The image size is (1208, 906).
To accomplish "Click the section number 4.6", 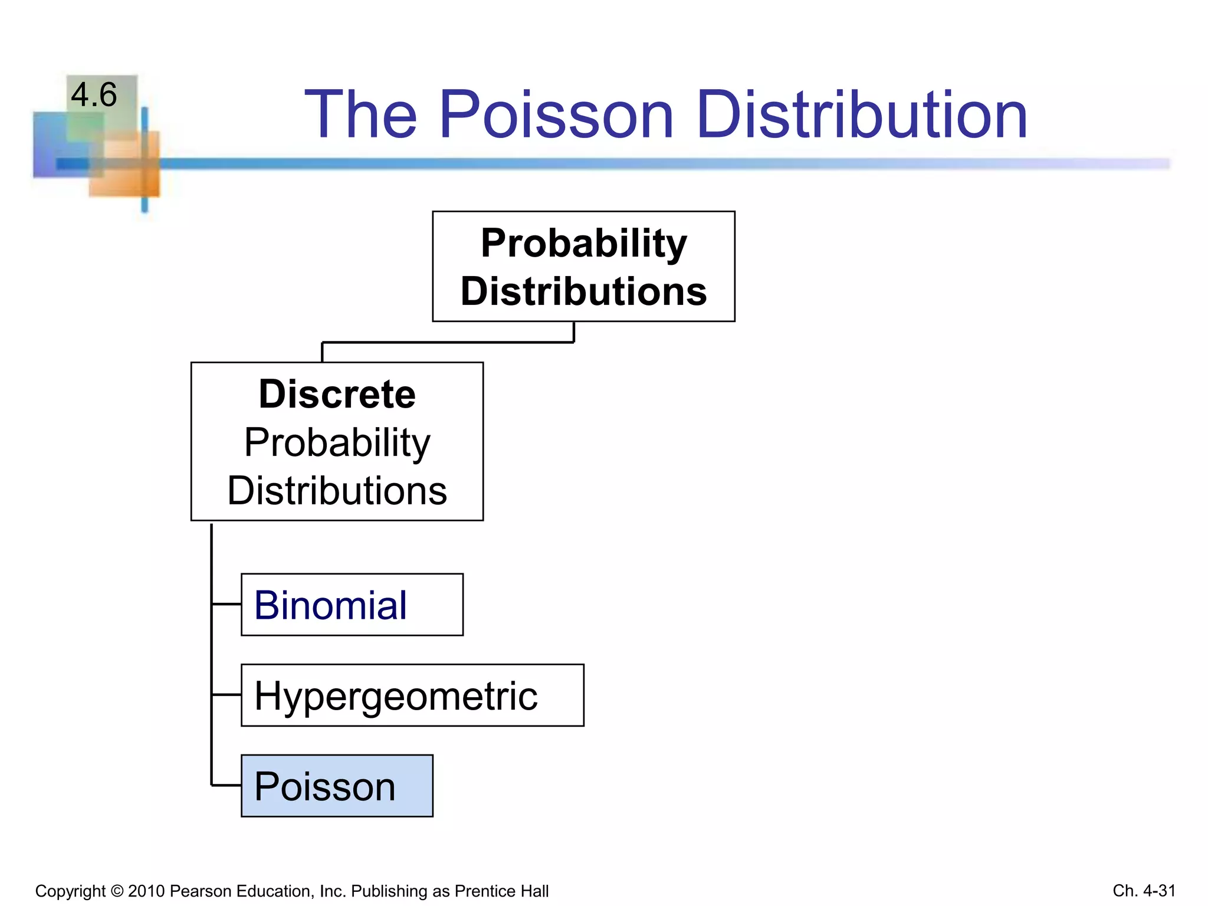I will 94,95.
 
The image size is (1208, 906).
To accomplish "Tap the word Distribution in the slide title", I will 862,114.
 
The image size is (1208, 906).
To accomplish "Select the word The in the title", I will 360,114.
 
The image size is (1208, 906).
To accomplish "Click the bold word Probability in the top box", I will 583,243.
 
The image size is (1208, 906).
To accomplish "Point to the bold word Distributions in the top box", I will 583,291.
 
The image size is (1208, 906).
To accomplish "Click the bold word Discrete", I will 337,394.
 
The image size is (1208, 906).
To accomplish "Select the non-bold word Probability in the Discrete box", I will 337,442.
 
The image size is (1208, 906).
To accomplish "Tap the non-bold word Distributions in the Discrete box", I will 337,491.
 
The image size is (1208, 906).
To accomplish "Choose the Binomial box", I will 352,605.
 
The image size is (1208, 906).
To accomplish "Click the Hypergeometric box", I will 412,695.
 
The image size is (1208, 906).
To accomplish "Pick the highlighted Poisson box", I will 337,786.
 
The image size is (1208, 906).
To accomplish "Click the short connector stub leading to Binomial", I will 226,604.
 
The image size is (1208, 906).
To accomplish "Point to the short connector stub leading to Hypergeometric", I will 226,695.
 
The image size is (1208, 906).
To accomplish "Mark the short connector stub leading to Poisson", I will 226,785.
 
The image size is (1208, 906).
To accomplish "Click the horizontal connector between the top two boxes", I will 448,342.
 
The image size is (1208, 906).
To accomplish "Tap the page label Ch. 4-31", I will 1144,890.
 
